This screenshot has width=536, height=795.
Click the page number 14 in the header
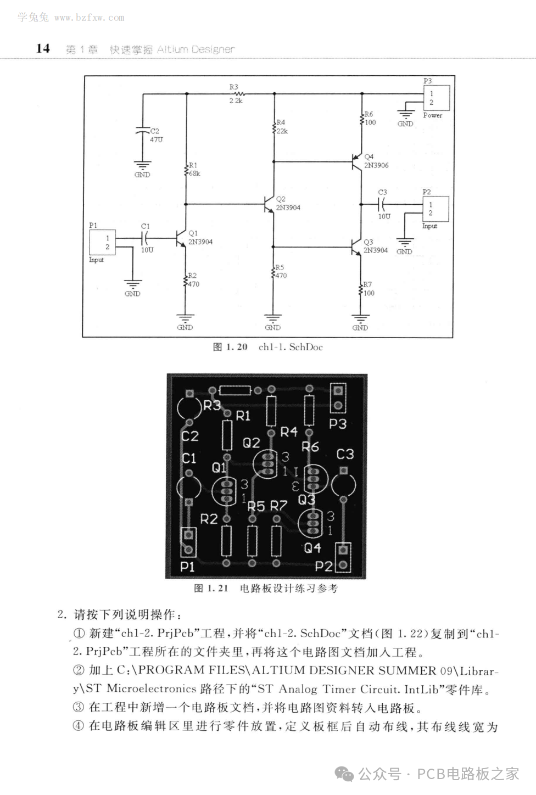click(43, 48)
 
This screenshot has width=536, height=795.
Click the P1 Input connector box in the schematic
click(102, 242)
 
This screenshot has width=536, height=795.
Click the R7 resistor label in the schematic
click(367, 284)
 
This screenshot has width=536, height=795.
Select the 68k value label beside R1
click(194, 173)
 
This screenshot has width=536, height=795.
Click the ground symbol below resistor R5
click(272, 319)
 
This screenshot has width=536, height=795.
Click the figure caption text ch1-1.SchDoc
click(291, 347)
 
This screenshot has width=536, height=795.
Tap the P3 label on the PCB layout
click(338, 424)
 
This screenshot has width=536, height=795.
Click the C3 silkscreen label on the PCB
click(345, 454)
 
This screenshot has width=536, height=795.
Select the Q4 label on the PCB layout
click(312, 547)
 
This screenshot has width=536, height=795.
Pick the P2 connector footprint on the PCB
click(343, 558)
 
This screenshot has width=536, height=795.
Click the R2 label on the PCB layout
click(209, 519)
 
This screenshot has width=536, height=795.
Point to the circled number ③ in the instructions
click(79, 708)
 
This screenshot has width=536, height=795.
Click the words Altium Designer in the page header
click(196, 49)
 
